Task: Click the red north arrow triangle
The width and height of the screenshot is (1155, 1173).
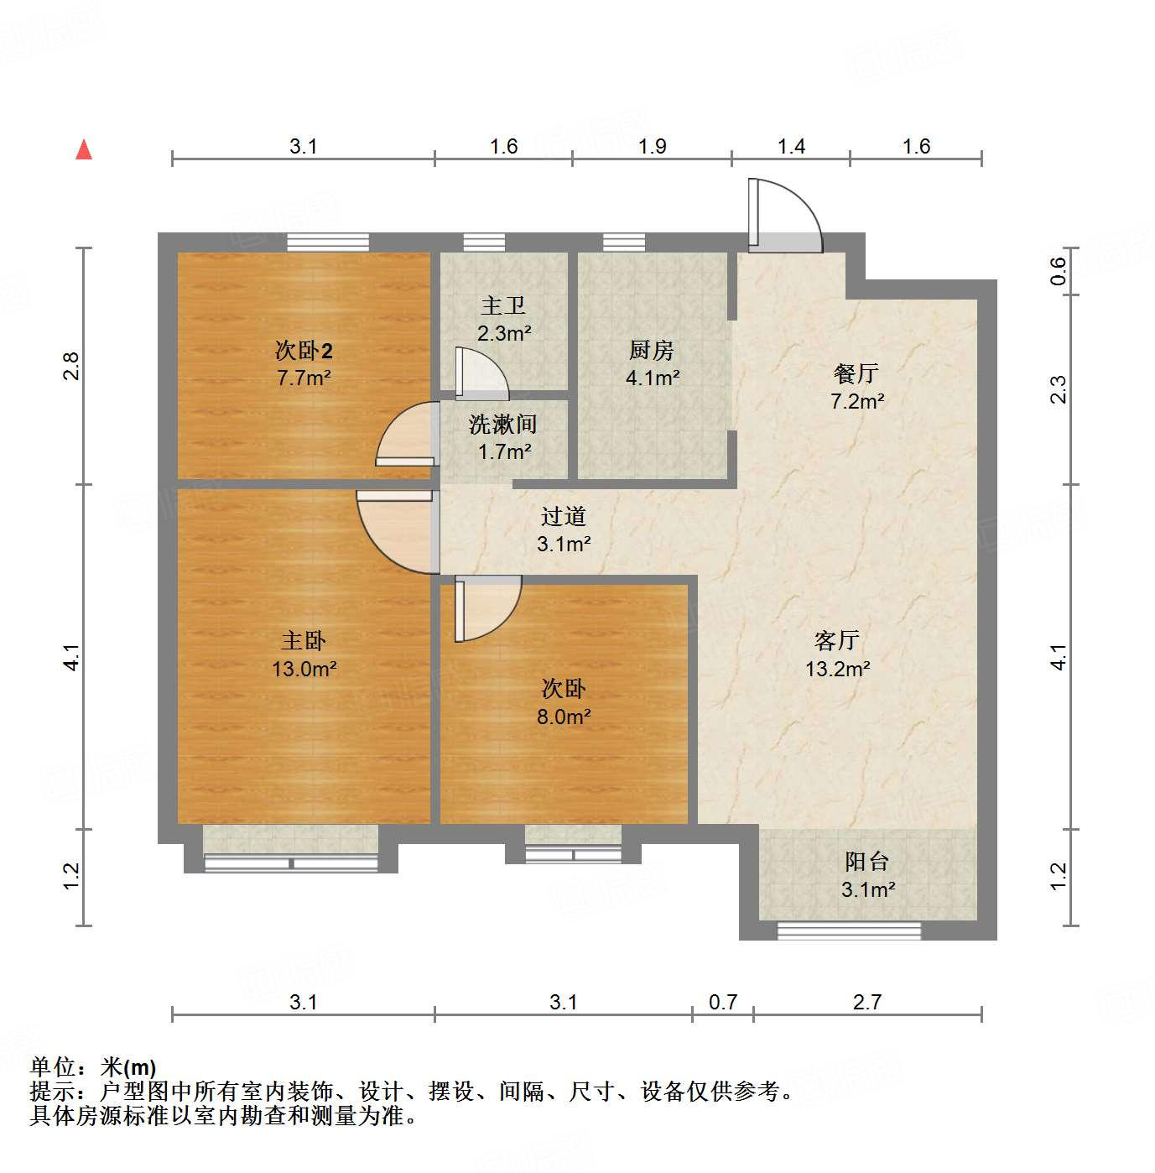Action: (x=84, y=149)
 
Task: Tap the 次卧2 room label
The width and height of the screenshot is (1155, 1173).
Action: (x=304, y=350)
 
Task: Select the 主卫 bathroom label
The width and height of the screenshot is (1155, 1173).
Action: (x=503, y=306)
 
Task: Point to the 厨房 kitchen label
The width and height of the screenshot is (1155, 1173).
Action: (x=652, y=350)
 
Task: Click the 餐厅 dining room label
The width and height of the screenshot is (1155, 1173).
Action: (x=856, y=373)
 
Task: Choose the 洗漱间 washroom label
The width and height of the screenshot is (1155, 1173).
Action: (x=503, y=425)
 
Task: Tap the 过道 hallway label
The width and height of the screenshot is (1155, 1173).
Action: (x=563, y=516)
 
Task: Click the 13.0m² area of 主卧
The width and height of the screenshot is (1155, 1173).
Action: (x=304, y=669)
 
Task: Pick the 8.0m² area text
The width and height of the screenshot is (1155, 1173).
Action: (x=564, y=717)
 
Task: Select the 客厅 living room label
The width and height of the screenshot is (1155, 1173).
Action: (x=837, y=641)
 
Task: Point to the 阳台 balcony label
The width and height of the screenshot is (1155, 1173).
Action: (x=866, y=862)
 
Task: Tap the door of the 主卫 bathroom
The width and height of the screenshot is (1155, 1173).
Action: (x=480, y=374)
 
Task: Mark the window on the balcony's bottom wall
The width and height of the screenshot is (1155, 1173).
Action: (x=849, y=930)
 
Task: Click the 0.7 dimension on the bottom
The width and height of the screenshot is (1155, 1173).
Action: (x=723, y=1002)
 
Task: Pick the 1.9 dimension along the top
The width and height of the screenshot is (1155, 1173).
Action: (x=652, y=146)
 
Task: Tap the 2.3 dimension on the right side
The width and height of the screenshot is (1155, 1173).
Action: (x=1059, y=389)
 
